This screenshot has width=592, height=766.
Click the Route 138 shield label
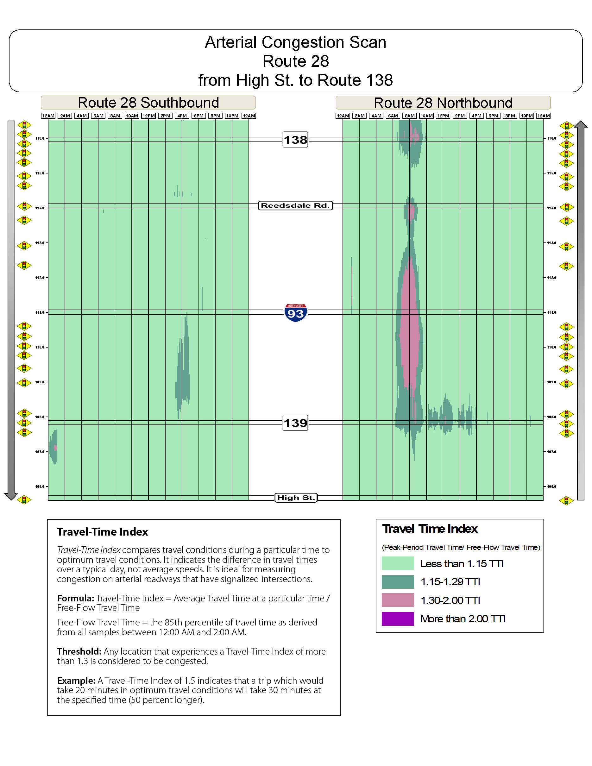(295, 140)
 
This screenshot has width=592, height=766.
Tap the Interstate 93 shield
(295, 312)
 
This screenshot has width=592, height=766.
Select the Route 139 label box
(295, 423)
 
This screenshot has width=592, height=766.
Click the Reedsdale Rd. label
(295, 205)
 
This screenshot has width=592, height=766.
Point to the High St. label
(296, 497)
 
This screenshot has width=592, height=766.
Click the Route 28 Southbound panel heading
(148, 103)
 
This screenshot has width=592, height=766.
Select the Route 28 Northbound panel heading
(443, 103)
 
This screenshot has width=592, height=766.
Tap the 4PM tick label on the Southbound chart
(182, 116)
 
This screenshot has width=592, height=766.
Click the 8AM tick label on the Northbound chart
(409, 116)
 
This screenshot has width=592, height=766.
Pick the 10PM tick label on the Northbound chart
(526, 116)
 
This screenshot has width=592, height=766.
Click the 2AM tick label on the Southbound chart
(65, 116)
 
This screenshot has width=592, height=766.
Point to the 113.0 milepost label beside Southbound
(40, 243)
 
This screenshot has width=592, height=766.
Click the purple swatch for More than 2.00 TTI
(397, 619)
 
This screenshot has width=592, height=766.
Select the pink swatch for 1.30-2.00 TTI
(397, 600)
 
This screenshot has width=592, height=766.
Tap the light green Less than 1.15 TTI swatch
(397, 563)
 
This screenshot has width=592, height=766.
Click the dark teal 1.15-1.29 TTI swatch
(397, 582)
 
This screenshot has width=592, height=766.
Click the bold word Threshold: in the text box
(79, 651)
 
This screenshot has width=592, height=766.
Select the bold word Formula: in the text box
(75, 598)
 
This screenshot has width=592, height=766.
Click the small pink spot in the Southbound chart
(55, 448)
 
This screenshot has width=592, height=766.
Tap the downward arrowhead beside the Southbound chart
(11, 496)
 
